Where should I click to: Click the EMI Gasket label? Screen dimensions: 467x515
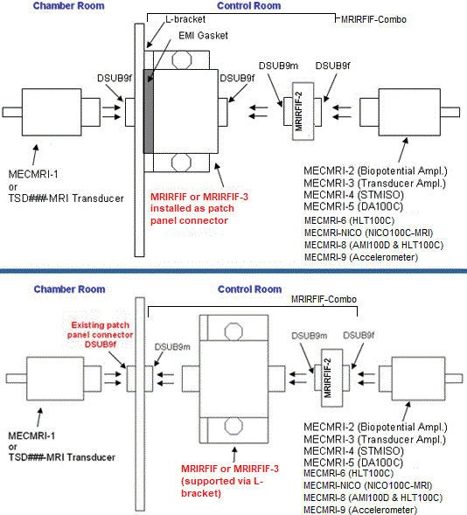click(x=203, y=36)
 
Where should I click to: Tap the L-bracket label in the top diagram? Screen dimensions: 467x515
click(x=185, y=19)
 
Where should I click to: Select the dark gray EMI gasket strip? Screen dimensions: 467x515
click(x=149, y=111)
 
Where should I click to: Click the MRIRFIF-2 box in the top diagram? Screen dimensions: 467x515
click(x=303, y=111)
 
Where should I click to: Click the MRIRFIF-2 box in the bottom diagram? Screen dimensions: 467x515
click(x=331, y=378)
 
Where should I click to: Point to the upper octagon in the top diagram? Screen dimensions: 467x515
click(x=182, y=60)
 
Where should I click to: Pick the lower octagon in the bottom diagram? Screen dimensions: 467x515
click(x=233, y=427)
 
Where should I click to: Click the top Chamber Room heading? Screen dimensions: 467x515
click(x=68, y=5)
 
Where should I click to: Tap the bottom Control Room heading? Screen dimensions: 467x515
click(x=249, y=289)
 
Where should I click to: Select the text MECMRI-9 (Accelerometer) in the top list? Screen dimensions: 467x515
click(x=361, y=257)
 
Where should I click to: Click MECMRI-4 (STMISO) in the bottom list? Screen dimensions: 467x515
click(x=353, y=451)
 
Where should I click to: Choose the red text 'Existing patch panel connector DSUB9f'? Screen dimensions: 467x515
click(x=101, y=335)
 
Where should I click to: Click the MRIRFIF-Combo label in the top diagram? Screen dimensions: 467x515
click(x=373, y=19)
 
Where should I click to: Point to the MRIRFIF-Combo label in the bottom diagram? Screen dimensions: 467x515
click(x=324, y=299)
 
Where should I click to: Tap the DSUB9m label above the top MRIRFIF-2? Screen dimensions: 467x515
click(x=278, y=66)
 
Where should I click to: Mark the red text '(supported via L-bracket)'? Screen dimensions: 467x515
click(x=222, y=487)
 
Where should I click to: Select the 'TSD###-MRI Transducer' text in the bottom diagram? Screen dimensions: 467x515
click(x=62, y=457)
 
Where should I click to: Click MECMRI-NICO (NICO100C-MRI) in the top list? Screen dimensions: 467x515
click(x=368, y=233)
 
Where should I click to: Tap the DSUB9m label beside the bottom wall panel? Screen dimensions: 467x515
click(x=172, y=347)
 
